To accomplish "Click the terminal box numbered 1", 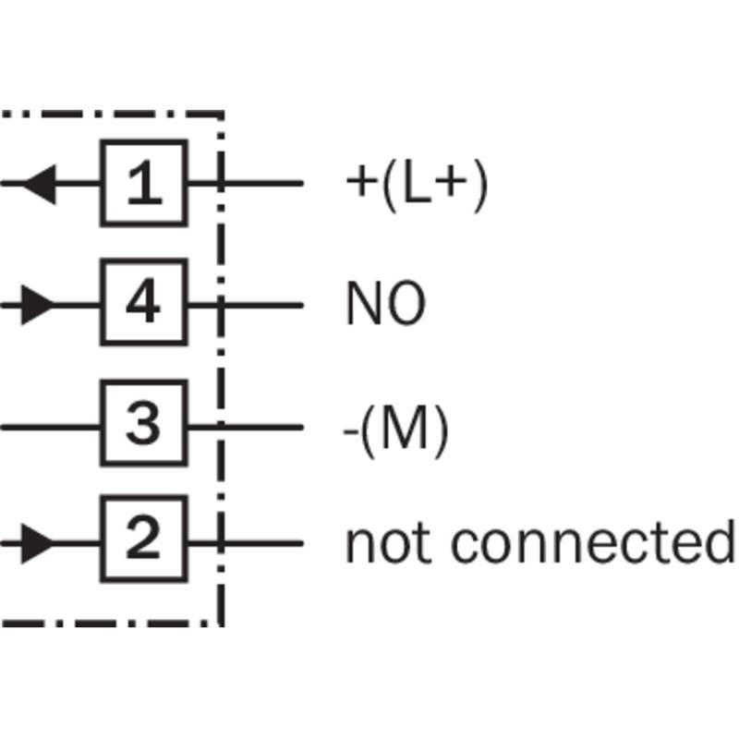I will click(x=143, y=183).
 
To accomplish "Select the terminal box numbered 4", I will click(x=143, y=303).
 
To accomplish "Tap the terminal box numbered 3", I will click(x=143, y=426).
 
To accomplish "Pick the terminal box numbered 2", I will click(x=143, y=541).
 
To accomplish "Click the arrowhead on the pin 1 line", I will click(x=39, y=183).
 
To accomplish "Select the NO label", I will click(x=385, y=304).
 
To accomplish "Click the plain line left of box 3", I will click(x=51, y=426).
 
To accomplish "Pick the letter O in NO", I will click(x=405, y=304).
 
